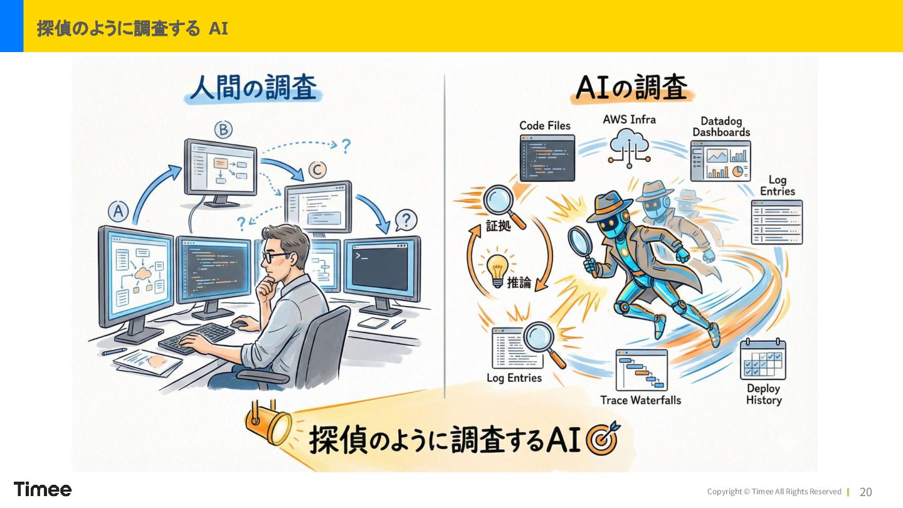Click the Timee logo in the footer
(x=43, y=489)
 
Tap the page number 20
(x=865, y=492)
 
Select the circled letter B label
(x=223, y=130)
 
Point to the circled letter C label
(x=318, y=169)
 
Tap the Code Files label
(x=545, y=125)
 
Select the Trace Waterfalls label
(x=640, y=400)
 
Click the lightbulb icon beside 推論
(x=497, y=268)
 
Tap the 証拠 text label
(x=499, y=226)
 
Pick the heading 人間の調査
(x=253, y=88)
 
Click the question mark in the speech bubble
(x=406, y=220)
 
